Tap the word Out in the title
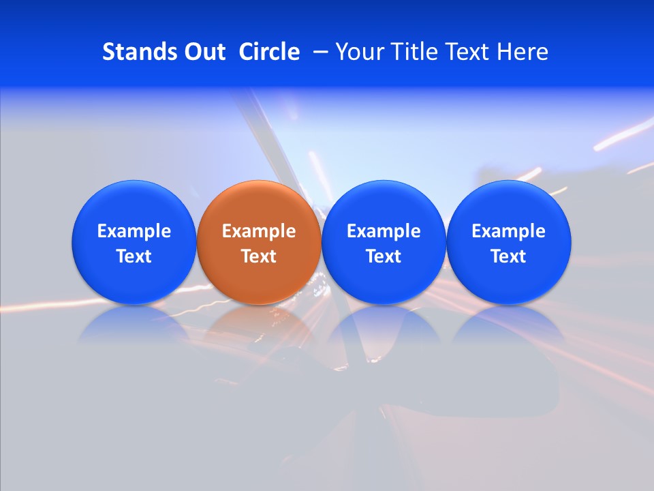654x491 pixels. click(203, 52)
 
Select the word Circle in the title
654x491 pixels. click(269, 52)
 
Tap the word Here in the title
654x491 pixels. click(522, 52)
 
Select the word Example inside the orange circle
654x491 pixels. click(259, 231)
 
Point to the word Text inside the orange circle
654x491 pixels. click(259, 256)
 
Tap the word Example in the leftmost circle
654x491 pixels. click(134, 231)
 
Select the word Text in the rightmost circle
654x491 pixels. click(509, 256)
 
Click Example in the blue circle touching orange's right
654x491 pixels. click(384, 231)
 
